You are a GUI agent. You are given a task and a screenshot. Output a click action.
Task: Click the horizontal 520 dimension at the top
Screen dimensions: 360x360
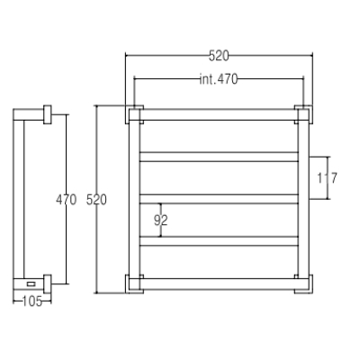(219, 56)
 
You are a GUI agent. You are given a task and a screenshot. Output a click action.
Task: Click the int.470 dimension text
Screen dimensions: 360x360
(219, 79)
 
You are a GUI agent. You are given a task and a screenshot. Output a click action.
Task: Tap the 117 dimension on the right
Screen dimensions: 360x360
(328, 178)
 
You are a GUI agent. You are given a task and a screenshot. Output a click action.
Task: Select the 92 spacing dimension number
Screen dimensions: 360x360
(161, 220)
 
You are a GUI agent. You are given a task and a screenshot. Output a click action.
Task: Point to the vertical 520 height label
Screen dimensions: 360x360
(96, 200)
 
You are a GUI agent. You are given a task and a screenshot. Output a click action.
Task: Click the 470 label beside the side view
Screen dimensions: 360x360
(67, 200)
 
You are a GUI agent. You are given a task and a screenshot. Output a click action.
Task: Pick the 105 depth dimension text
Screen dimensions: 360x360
(32, 301)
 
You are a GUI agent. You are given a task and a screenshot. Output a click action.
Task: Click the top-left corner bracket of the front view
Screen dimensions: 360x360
(134, 114)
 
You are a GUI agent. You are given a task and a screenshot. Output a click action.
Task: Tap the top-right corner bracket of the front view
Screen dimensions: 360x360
(303, 114)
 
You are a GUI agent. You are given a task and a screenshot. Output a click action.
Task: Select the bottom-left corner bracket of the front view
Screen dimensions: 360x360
(134, 283)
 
